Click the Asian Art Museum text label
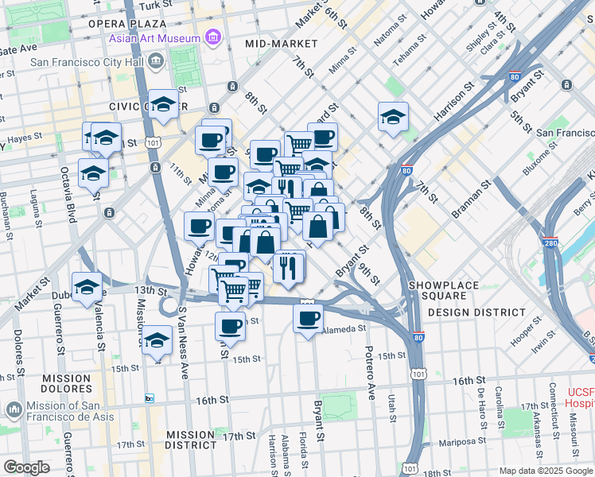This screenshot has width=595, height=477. tap(156, 38)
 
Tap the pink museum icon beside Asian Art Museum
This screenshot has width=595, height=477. tap(212, 37)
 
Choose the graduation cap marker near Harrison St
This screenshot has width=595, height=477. tap(393, 118)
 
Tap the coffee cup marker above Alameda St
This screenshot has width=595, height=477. tap(308, 318)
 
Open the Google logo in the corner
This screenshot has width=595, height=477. tap(26, 467)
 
